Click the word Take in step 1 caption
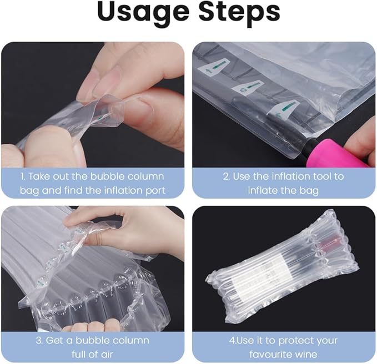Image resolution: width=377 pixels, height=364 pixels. click(x=37, y=176)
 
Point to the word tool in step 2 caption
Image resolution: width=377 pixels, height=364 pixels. click(x=321, y=176)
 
